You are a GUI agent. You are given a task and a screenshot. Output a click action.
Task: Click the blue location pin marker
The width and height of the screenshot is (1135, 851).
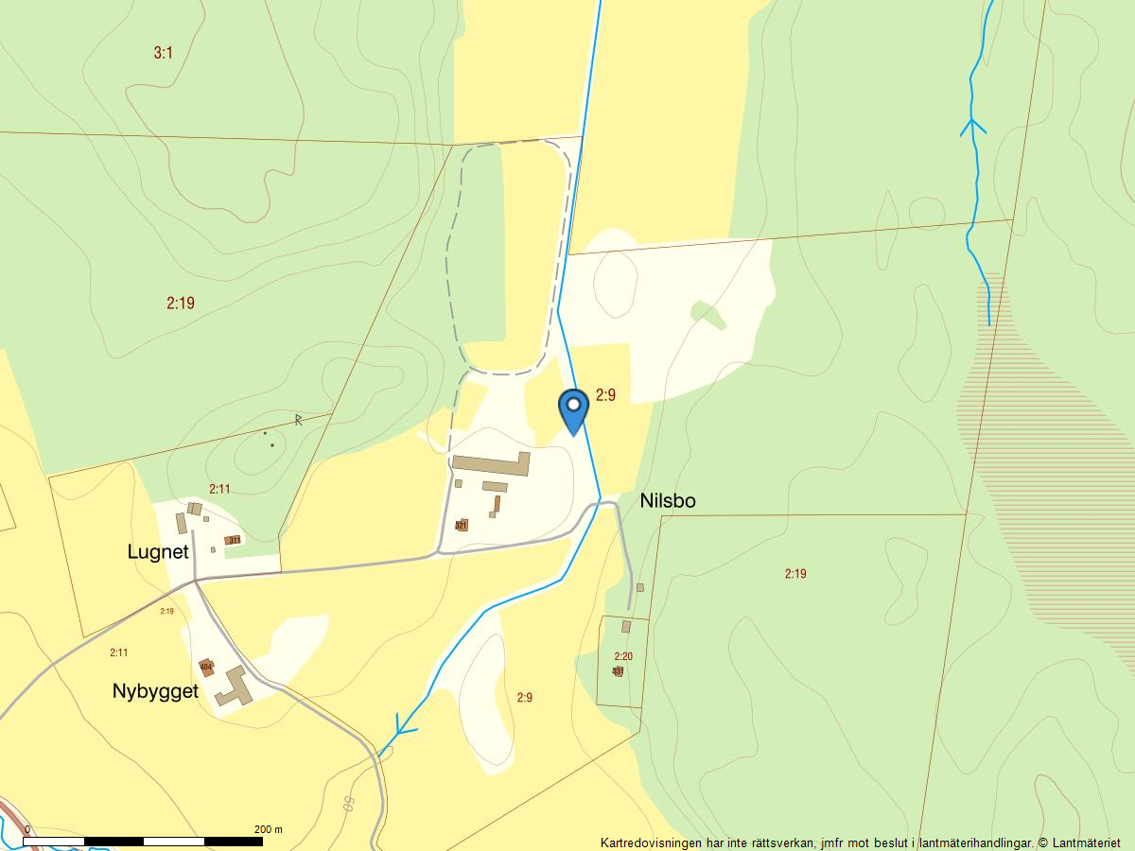point(573,408)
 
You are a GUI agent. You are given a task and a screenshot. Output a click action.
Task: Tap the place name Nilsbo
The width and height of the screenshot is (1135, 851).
point(668,501)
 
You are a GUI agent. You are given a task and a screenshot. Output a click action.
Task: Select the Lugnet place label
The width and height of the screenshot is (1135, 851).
point(158,552)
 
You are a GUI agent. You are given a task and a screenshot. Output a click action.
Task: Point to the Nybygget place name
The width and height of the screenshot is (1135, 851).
point(155,691)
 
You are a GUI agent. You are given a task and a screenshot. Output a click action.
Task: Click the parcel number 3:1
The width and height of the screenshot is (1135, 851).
point(164,53)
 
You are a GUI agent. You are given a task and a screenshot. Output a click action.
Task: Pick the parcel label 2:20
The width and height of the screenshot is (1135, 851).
point(623,656)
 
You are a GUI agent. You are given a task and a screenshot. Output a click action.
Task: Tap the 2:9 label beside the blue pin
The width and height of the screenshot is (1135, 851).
point(605,395)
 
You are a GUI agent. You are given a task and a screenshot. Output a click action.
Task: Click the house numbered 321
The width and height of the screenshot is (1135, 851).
point(462,525)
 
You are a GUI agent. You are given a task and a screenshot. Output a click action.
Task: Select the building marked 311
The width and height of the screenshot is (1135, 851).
point(233,541)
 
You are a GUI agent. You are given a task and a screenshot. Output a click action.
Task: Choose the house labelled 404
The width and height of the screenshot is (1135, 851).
point(206,668)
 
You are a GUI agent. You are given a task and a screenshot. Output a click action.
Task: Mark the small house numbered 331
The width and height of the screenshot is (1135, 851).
point(618,671)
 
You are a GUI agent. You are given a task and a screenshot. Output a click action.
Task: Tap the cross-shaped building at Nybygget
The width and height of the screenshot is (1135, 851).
point(235,686)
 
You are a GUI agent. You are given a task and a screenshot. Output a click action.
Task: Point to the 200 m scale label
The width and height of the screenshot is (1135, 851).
point(269,829)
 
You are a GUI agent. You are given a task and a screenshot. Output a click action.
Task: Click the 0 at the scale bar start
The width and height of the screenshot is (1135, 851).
point(26,829)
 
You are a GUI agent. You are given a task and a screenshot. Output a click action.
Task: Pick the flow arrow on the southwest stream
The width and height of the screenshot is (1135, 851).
point(405,727)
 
